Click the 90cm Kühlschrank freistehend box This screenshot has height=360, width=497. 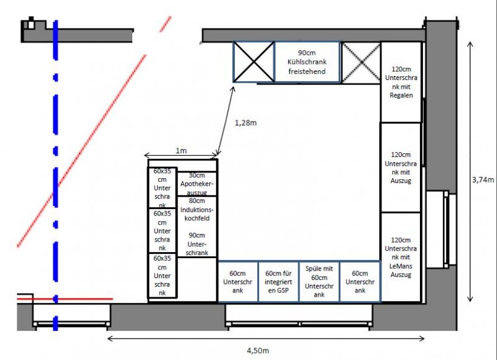[x=307, y=62]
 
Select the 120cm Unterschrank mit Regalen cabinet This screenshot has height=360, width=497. [x=401, y=82]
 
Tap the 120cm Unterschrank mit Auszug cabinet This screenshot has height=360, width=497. [x=401, y=168]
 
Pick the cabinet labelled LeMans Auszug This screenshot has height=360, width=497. [x=401, y=257]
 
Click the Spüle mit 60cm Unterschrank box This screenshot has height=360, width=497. [x=319, y=281]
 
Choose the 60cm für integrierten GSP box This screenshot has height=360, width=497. [x=278, y=281]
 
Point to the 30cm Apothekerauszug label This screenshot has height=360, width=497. [x=197, y=184]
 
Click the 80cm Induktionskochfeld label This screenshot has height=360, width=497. [x=197, y=209]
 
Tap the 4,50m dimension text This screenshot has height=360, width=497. [x=258, y=351]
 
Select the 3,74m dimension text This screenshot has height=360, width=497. [x=483, y=180]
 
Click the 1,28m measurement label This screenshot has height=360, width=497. [x=245, y=123]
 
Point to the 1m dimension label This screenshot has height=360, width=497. [x=181, y=151]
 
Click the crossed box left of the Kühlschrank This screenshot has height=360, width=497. [x=253, y=62]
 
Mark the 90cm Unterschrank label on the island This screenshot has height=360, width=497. [x=197, y=244]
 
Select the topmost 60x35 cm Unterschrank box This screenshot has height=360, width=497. [x=162, y=187]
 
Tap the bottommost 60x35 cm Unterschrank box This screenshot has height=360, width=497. [x=162, y=275]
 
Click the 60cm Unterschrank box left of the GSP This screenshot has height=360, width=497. [x=238, y=281]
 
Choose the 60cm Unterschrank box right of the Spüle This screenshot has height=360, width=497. [x=360, y=281]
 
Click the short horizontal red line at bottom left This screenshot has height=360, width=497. [x=65, y=299]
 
